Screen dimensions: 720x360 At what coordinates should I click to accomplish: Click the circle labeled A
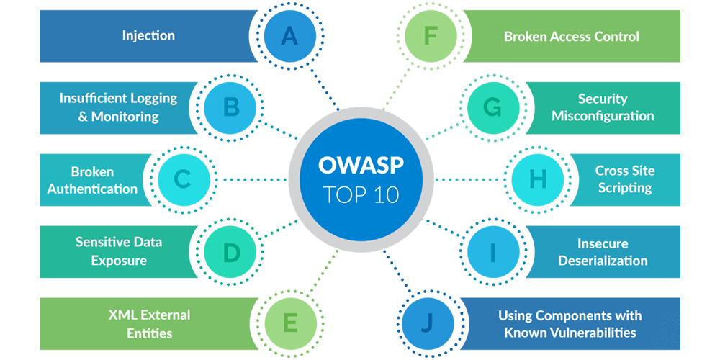tap(289, 36)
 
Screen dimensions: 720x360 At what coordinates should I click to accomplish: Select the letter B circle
tap(231, 109)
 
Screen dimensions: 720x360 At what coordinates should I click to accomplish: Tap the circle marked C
tap(184, 180)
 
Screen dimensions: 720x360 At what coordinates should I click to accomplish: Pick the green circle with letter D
tap(231, 251)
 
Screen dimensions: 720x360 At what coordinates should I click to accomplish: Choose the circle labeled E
tap(289, 324)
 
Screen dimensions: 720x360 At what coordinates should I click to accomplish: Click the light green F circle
tap(430, 36)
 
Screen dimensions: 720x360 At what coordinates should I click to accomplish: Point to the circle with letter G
tap(493, 109)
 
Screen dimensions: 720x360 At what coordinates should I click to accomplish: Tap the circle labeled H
tap(538, 180)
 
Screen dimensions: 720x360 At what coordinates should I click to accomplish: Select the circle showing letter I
tap(493, 251)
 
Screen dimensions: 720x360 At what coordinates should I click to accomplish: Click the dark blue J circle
tap(428, 324)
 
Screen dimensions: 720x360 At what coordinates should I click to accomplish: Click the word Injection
tap(148, 35)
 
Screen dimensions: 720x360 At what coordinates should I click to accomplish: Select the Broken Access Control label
tap(571, 36)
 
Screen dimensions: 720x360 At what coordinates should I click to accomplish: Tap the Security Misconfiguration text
tap(603, 107)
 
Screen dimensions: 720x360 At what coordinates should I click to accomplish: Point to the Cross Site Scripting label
tap(625, 179)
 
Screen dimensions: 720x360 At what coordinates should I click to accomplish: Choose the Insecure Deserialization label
tap(603, 252)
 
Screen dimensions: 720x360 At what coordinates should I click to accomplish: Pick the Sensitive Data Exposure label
tap(119, 251)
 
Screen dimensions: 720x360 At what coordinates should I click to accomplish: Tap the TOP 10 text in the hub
tap(361, 194)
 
